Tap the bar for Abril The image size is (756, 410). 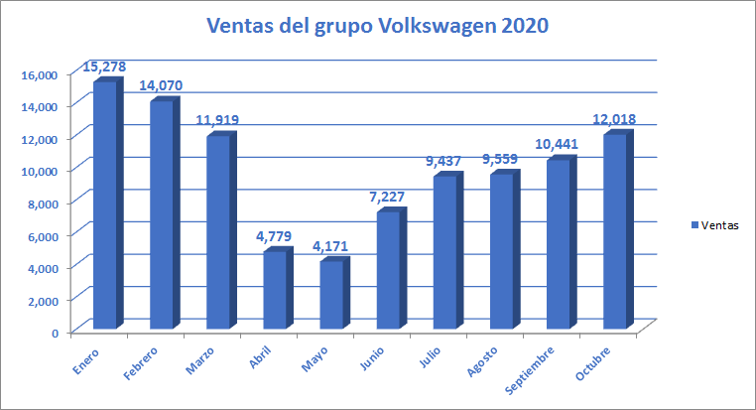pyautogui.click(x=275, y=290)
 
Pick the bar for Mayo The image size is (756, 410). pyautogui.click(x=331, y=295)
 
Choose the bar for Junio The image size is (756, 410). pyautogui.click(x=388, y=270)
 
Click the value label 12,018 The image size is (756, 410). pyautogui.click(x=614, y=119)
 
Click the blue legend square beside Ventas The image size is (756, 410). pyautogui.click(x=694, y=225)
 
